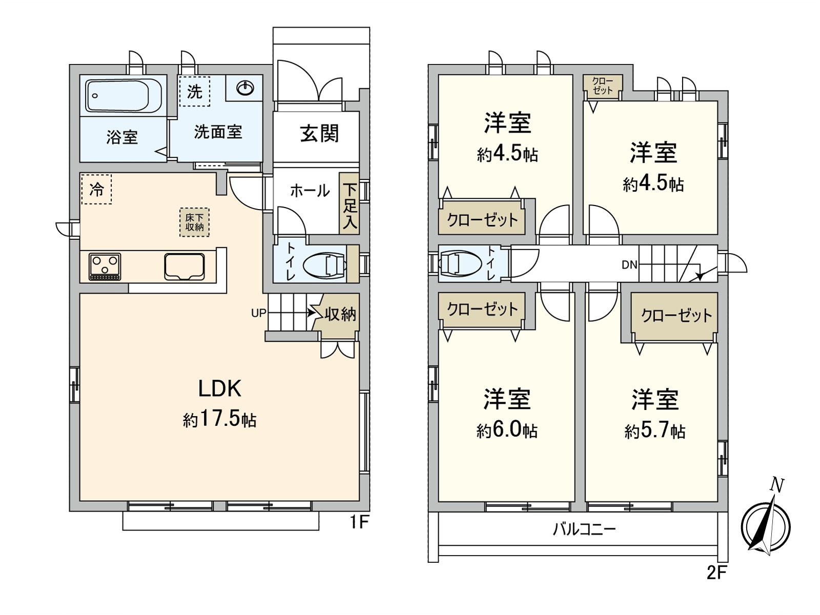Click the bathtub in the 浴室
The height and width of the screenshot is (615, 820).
click(x=124, y=95)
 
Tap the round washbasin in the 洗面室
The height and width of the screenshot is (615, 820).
click(x=245, y=88)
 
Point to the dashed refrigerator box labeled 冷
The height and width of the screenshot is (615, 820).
click(x=96, y=189)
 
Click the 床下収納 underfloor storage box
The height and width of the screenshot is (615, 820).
click(x=195, y=222)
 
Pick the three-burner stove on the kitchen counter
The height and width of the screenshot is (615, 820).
click(x=105, y=266)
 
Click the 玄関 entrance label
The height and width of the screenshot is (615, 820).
click(x=320, y=134)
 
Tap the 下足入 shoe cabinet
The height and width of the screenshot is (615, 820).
click(x=350, y=204)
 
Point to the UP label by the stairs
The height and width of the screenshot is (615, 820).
click(x=259, y=313)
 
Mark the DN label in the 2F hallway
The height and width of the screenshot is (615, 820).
click(x=629, y=265)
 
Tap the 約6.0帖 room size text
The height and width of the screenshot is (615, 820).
click(x=507, y=430)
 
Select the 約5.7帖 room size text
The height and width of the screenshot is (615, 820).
click(x=655, y=431)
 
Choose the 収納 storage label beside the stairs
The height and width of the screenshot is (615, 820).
click(x=340, y=314)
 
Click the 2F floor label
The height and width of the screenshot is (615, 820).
click(x=716, y=572)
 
